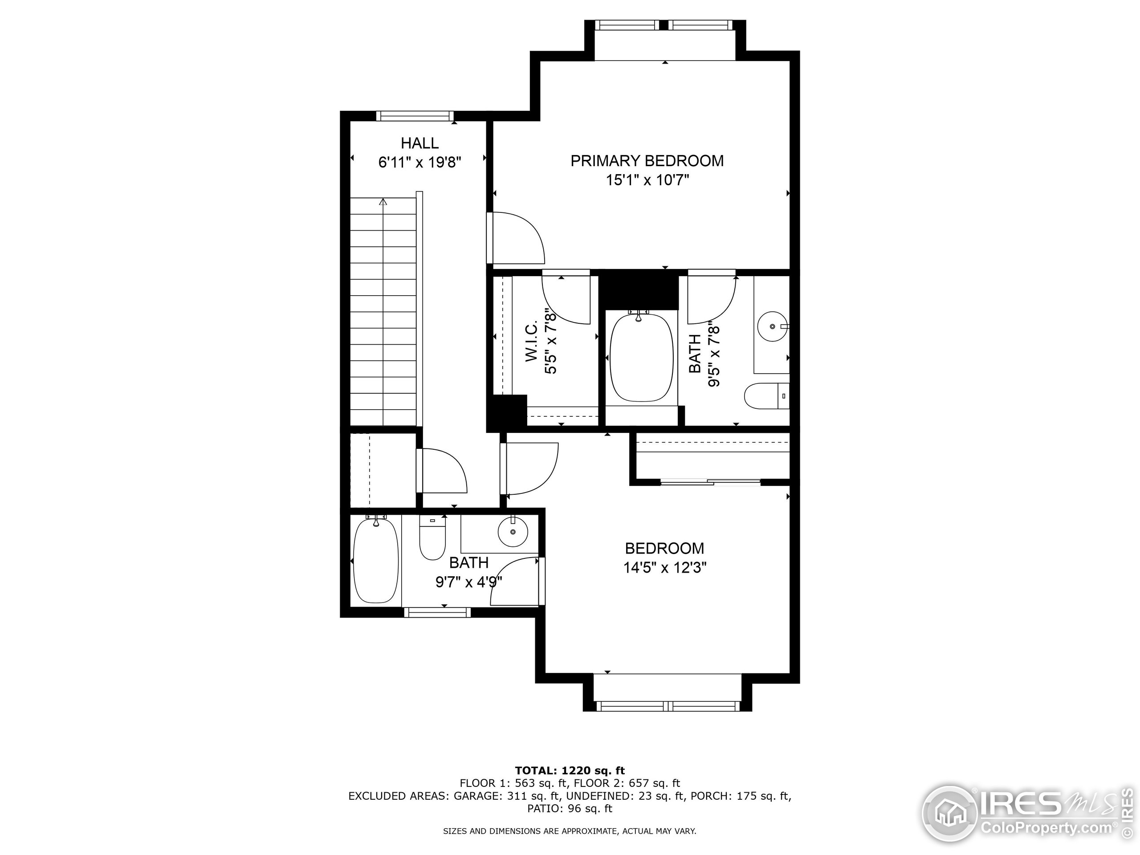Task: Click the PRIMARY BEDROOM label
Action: tap(647, 161)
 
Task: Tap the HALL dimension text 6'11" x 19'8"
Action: tap(419, 163)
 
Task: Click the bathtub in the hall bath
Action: tap(376, 560)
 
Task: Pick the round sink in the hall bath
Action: tap(513, 532)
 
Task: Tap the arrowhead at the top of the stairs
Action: tap(383, 202)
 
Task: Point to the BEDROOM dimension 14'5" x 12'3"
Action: tap(664, 568)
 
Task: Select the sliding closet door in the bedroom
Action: tap(710, 482)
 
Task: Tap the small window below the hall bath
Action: tap(437, 612)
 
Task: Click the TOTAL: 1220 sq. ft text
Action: tap(570, 770)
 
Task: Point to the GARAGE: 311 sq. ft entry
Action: tap(503, 796)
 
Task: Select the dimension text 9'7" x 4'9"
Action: tap(468, 582)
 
